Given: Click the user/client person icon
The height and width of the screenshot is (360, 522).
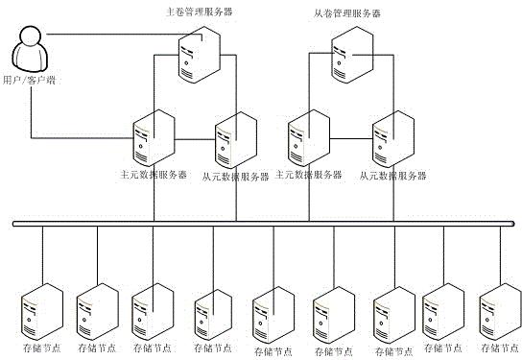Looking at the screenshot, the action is (30, 49).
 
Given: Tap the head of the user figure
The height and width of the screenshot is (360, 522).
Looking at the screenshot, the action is (31, 35).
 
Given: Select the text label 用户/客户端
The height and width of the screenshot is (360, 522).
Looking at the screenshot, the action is (29, 80).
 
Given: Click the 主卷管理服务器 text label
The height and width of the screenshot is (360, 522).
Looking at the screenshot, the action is (199, 12).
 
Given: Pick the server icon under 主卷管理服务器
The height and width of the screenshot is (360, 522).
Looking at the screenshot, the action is (199, 55).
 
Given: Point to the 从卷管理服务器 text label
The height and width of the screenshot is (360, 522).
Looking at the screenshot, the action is (347, 13).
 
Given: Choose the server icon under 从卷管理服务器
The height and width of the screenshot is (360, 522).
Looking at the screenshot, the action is (352, 55).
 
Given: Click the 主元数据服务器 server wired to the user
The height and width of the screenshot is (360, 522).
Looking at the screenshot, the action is (154, 138).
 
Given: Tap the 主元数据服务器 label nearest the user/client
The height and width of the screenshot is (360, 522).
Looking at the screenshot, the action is (154, 175).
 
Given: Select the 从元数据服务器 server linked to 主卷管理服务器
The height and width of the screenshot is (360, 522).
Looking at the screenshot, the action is (236, 140).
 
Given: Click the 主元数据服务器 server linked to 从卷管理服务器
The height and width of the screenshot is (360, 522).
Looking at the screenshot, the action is (309, 138).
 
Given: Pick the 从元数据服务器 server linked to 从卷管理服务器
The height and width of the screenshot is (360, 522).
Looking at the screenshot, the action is (393, 139).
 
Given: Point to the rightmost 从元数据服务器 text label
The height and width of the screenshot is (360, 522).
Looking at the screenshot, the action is (392, 176).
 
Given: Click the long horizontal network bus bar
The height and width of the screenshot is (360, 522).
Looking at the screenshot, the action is (264, 224).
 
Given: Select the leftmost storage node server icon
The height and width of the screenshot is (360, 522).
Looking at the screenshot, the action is (42, 311).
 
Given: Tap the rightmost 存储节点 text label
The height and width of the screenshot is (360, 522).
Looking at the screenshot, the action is (500, 348).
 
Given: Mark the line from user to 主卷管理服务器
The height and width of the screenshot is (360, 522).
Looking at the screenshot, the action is (125, 35).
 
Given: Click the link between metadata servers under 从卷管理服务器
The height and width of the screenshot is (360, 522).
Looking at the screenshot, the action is (351, 138).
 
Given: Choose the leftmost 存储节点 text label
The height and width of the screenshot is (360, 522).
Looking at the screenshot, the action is (42, 348).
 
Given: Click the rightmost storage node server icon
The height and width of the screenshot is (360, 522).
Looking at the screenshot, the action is (500, 311).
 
